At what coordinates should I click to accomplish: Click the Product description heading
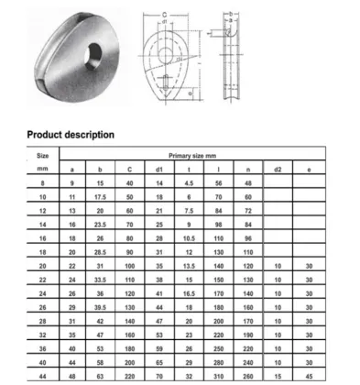pos(71,135)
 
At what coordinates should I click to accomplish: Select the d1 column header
pos(158,170)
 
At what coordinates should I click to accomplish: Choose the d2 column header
pos(278,170)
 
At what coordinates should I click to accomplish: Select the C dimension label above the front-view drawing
pos(163,12)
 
